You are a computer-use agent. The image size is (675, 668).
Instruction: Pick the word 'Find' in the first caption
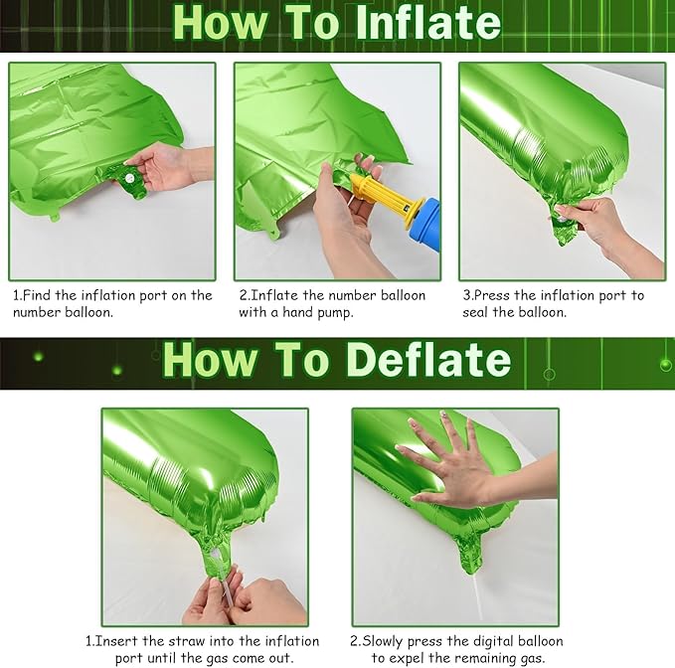(41, 295)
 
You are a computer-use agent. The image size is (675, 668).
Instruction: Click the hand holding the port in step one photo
(169, 165)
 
